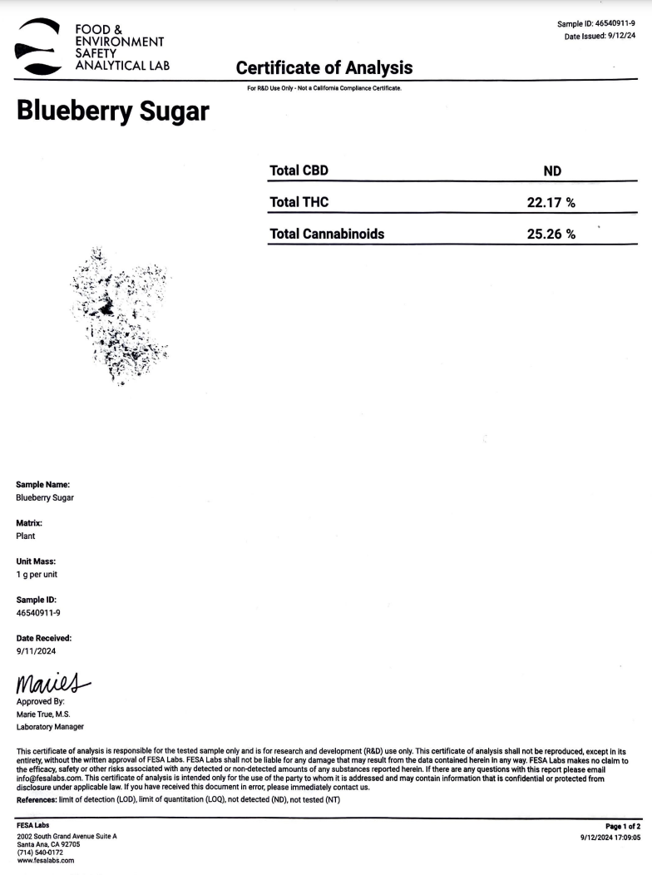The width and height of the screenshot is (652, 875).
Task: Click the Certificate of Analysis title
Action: (x=324, y=67)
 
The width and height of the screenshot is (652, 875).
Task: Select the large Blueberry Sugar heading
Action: (x=112, y=111)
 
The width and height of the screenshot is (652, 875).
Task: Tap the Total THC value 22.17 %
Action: (x=551, y=202)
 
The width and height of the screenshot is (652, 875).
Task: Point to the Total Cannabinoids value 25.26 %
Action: (x=551, y=234)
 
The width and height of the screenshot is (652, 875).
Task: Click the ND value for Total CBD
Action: (x=552, y=171)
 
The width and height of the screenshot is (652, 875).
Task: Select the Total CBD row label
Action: (x=299, y=171)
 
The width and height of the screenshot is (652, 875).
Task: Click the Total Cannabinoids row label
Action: (x=327, y=234)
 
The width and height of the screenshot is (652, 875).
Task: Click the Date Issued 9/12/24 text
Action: (x=599, y=37)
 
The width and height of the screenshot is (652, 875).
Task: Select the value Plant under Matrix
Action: (x=26, y=536)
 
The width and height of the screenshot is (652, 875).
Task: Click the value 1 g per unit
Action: (x=37, y=575)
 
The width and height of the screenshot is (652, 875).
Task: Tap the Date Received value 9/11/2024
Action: (x=36, y=651)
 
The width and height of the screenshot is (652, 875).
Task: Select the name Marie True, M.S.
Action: (x=43, y=714)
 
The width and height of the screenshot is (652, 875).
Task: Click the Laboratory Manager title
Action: (x=50, y=727)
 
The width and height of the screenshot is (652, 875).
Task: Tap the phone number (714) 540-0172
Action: (x=41, y=853)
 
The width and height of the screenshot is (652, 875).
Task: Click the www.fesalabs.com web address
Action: (x=46, y=861)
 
